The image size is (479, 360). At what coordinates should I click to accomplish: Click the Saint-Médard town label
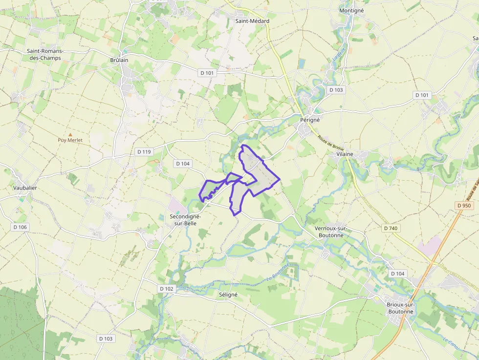point(252,21)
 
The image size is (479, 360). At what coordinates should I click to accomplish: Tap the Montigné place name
point(351,10)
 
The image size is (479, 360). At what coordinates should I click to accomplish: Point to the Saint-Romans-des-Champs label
point(45,54)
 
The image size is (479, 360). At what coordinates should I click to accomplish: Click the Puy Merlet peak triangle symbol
point(70,134)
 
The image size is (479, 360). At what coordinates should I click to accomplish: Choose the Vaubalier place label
point(25,188)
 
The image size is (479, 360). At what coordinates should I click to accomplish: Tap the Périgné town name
point(309,119)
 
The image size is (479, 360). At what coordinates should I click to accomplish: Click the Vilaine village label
point(345,154)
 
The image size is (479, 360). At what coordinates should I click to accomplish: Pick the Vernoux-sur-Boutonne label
point(330,232)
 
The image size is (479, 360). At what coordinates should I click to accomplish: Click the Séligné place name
point(228,295)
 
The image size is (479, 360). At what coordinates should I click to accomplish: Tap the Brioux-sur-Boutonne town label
point(400,308)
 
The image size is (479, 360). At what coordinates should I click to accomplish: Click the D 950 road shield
point(464,206)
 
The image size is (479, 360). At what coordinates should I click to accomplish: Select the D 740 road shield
point(391,228)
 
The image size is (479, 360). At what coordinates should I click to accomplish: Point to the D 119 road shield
point(145,152)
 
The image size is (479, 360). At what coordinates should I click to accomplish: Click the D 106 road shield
point(21,227)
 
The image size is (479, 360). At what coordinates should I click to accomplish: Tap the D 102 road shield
point(166,289)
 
